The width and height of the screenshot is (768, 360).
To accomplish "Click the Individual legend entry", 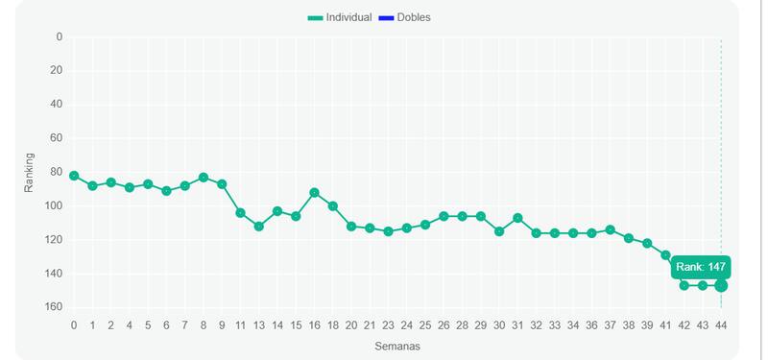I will (340, 17).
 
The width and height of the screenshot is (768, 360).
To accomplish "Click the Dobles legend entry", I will (404, 17).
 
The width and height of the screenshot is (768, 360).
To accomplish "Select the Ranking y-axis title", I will (30, 172).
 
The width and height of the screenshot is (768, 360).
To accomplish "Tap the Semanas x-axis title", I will (396, 346).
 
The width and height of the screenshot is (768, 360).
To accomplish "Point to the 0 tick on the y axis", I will (59, 36).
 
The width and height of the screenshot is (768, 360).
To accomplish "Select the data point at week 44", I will (721, 285).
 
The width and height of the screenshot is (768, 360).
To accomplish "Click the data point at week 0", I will (74, 176).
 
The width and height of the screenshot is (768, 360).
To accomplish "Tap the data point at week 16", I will (314, 193).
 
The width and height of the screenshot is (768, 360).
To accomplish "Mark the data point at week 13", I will (259, 226).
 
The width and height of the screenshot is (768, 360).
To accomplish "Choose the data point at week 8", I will (204, 178).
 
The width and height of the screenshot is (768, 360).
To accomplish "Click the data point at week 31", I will (517, 218).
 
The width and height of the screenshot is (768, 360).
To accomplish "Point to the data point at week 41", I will (665, 254).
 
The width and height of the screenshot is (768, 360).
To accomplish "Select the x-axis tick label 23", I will (388, 325).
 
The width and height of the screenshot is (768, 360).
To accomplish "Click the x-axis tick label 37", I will (610, 325).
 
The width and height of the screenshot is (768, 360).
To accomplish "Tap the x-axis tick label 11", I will (240, 325).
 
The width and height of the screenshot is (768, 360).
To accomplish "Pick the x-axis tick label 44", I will (721, 325).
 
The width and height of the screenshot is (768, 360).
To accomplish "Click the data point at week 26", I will (444, 216).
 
